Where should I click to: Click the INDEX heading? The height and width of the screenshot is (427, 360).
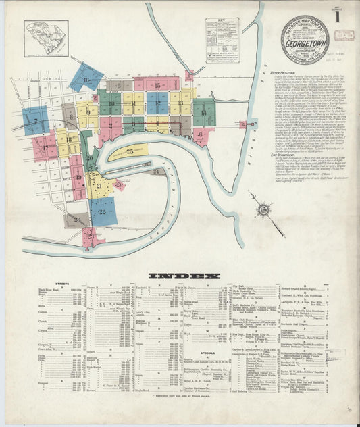(x=184, y=276)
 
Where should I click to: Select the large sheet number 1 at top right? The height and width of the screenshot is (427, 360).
(x=336, y=18)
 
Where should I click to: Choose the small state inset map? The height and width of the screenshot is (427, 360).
(x=46, y=37)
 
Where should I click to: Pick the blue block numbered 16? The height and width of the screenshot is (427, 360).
(x=86, y=78)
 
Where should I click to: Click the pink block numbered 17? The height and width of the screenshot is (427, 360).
(x=45, y=147)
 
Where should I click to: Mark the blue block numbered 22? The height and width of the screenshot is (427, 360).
(x=103, y=211)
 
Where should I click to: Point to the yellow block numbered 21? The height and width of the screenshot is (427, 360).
(x=100, y=184)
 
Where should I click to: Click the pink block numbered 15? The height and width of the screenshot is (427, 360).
(x=157, y=84)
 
